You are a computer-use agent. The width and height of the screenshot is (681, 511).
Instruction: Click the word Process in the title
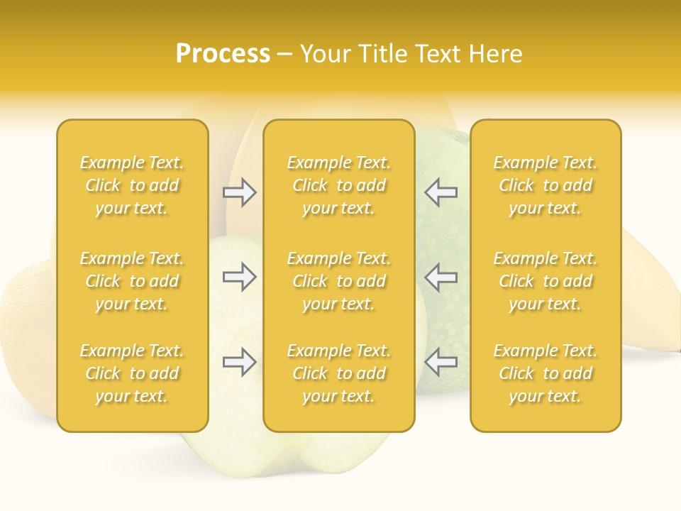[223, 54]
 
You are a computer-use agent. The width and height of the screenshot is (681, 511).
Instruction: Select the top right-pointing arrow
[240, 192]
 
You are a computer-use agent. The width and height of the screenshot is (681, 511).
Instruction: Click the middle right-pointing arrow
[240, 277]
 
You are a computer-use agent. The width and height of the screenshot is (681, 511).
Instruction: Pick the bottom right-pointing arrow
[240, 362]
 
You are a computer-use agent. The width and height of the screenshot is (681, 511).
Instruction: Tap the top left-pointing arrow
[441, 192]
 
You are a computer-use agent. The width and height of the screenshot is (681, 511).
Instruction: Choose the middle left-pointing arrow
[441, 277]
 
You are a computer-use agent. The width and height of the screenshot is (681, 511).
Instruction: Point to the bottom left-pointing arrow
[441, 362]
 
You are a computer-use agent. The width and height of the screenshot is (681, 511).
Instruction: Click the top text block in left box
[132, 185]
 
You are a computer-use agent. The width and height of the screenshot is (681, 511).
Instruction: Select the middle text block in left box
[132, 281]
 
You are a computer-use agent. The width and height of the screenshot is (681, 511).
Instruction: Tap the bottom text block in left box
[132, 373]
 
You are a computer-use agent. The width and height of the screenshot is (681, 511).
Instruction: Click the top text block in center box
[339, 185]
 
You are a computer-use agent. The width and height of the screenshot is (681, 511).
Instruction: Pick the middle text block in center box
[339, 281]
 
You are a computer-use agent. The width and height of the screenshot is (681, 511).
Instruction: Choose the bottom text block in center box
[339, 373]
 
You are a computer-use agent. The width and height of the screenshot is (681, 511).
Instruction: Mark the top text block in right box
[546, 185]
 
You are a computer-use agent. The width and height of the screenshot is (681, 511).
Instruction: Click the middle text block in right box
[546, 281]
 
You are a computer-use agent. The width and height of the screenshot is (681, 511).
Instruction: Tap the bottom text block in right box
[546, 373]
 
